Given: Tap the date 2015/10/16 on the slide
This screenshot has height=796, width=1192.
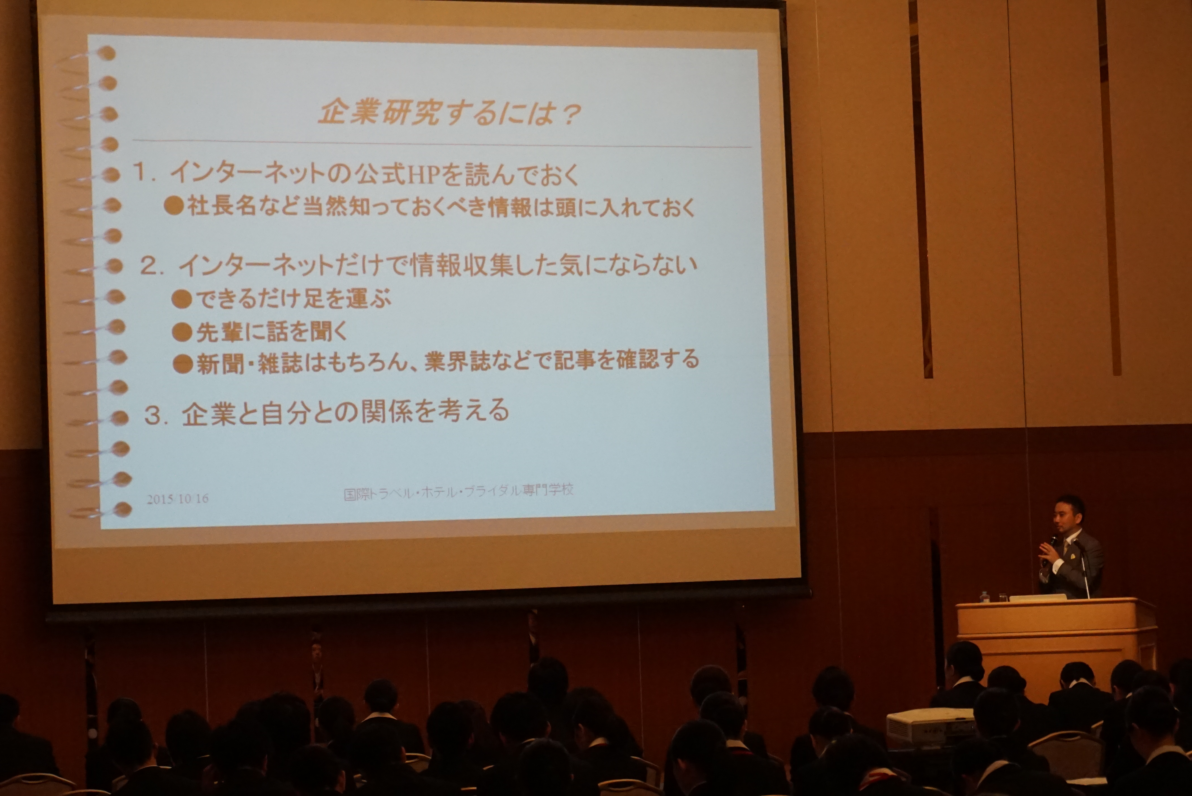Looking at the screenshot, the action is [178, 499].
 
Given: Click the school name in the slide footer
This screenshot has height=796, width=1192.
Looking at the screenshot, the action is [459, 491].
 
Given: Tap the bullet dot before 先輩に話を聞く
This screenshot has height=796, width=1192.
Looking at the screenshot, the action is [181, 333].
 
